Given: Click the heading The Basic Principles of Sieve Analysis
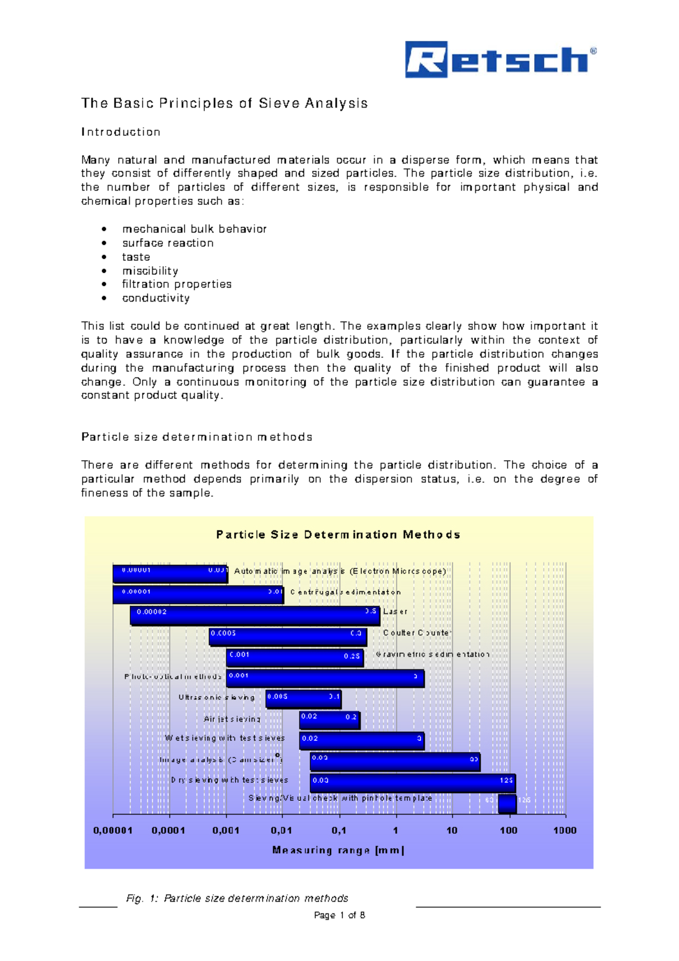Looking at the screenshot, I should pyautogui.click(x=224, y=103).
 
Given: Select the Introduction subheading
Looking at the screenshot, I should pyautogui.click(x=121, y=132).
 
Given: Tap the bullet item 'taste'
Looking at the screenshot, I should pyautogui.click(x=136, y=257).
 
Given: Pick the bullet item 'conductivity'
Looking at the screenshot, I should pyautogui.click(x=156, y=298).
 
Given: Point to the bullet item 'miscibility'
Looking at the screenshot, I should pyautogui.click(x=150, y=271).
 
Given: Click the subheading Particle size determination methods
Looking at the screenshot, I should pyautogui.click(x=196, y=437).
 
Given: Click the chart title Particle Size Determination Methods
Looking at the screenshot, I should pyautogui.click(x=338, y=535).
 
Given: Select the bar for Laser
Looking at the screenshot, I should pyautogui.click(x=255, y=615).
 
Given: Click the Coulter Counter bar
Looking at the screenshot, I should pyautogui.click(x=288, y=637).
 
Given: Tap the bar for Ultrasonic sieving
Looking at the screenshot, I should pyautogui.click(x=303, y=699).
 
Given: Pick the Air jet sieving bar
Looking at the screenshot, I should pyautogui.click(x=329, y=720).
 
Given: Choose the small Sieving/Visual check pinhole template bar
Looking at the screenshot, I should pyautogui.click(x=507, y=803).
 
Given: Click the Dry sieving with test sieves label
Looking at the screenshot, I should pyautogui.click(x=229, y=780).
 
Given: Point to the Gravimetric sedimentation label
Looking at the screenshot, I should pyautogui.click(x=432, y=654).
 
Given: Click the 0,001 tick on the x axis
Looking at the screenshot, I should pyautogui.click(x=226, y=830).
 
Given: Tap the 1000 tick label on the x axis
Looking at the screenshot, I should pyautogui.click(x=564, y=830).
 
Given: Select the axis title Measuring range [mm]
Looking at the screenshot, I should pyautogui.click(x=338, y=850).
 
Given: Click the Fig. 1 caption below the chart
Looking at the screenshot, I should pyautogui.click(x=237, y=898).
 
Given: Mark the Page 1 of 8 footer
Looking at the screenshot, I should pyautogui.click(x=339, y=915).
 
